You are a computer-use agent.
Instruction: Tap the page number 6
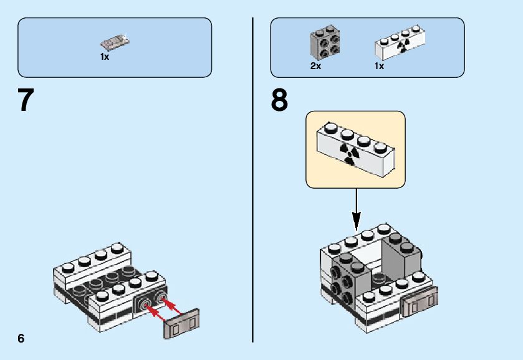coord(21,338)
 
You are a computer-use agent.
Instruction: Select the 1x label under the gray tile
coord(105,57)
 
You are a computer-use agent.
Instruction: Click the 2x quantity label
coord(315,66)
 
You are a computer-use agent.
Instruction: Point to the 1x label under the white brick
coord(379,66)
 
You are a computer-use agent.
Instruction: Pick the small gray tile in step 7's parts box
coord(115,43)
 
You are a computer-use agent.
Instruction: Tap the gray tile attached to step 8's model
coord(420,301)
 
